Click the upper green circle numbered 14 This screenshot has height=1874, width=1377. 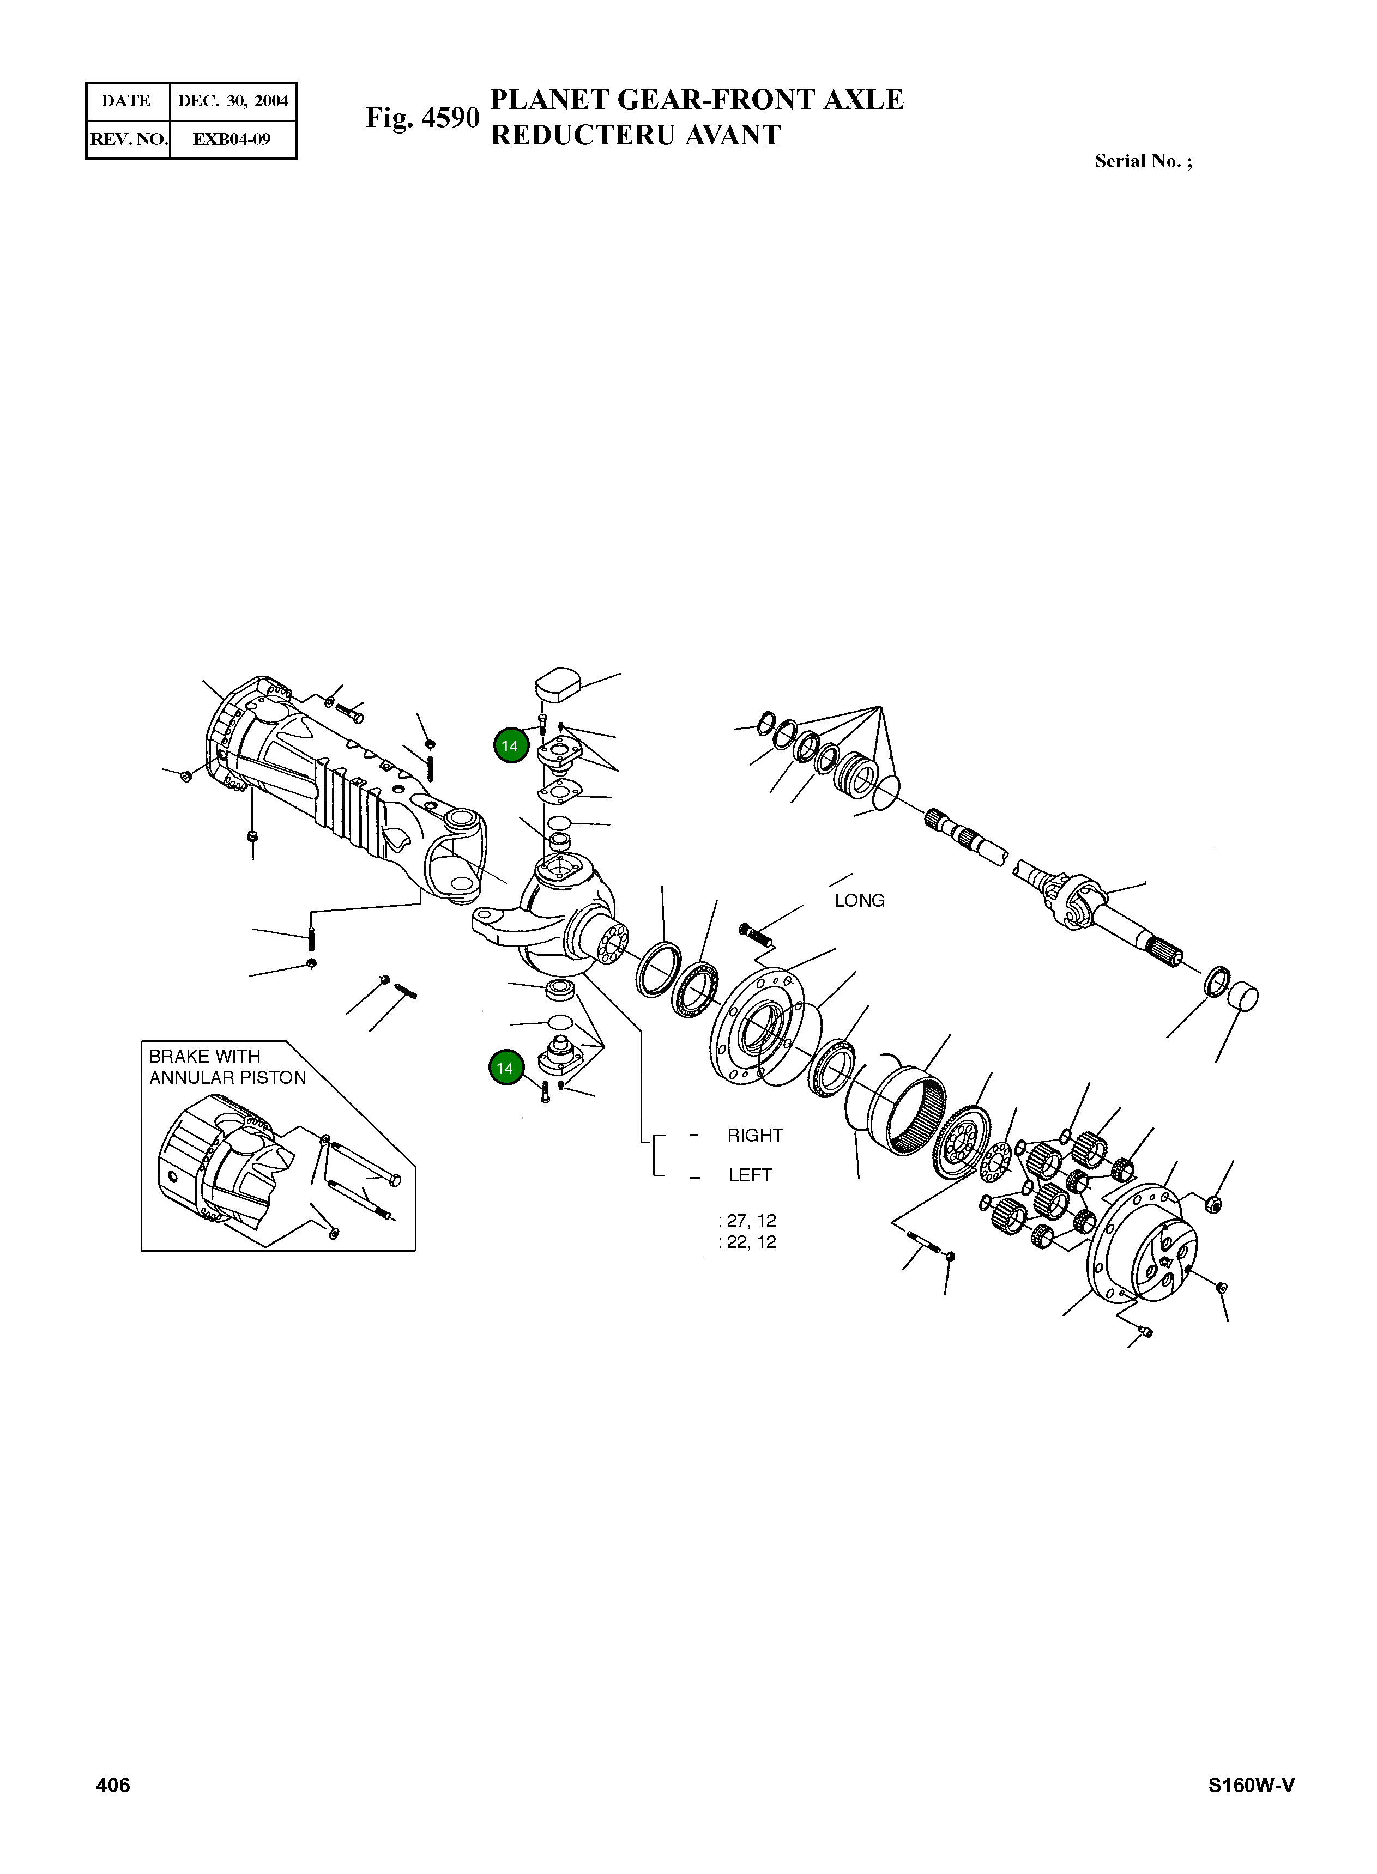509,746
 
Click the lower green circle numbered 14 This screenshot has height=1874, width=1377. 504,1068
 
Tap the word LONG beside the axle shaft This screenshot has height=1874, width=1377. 859,901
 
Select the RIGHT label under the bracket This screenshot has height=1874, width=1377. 755,1136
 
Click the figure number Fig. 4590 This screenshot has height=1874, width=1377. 422,118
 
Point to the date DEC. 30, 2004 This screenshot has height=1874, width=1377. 233,101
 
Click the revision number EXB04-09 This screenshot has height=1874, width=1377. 232,139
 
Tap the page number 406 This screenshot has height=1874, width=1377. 113,1784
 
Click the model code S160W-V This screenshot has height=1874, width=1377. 1251,1785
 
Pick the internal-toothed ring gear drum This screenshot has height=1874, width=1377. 909,1111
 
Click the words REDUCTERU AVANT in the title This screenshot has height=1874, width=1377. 635,136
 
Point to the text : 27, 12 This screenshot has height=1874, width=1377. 748,1221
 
